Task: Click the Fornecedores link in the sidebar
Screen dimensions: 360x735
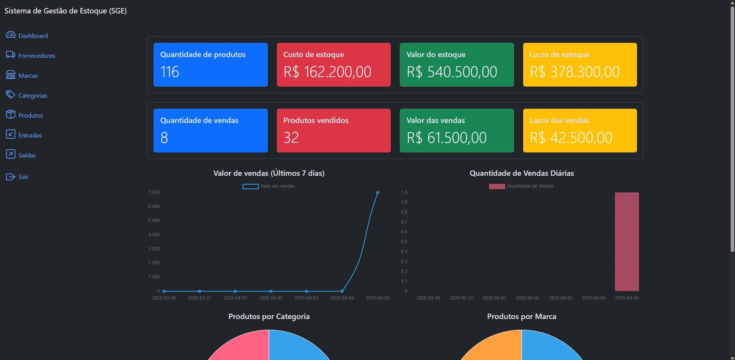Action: tap(36, 56)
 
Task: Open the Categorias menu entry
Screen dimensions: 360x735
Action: tap(33, 95)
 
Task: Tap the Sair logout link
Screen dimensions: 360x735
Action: tap(23, 177)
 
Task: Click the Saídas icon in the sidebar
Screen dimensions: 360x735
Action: tap(11, 154)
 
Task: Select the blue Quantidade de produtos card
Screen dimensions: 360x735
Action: tap(210, 64)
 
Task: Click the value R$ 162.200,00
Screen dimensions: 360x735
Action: tap(327, 72)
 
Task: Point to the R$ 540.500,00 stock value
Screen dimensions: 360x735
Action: tap(452, 72)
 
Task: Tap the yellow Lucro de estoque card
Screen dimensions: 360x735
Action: tap(579, 64)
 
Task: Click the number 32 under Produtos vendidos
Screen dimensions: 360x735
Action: tap(291, 138)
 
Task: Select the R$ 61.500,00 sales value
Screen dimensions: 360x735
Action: tap(446, 138)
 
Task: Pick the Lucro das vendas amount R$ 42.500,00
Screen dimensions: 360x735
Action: tap(571, 138)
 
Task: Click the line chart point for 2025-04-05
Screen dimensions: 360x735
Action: tap(378, 193)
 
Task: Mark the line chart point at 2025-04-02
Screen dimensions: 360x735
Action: tap(271, 291)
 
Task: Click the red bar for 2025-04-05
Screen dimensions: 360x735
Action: tap(627, 242)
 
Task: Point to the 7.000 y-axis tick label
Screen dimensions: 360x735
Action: tap(154, 192)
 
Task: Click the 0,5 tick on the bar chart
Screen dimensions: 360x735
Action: tap(404, 242)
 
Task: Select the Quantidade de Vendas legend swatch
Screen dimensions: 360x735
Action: tap(497, 186)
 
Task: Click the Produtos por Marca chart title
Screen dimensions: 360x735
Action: tap(521, 316)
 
